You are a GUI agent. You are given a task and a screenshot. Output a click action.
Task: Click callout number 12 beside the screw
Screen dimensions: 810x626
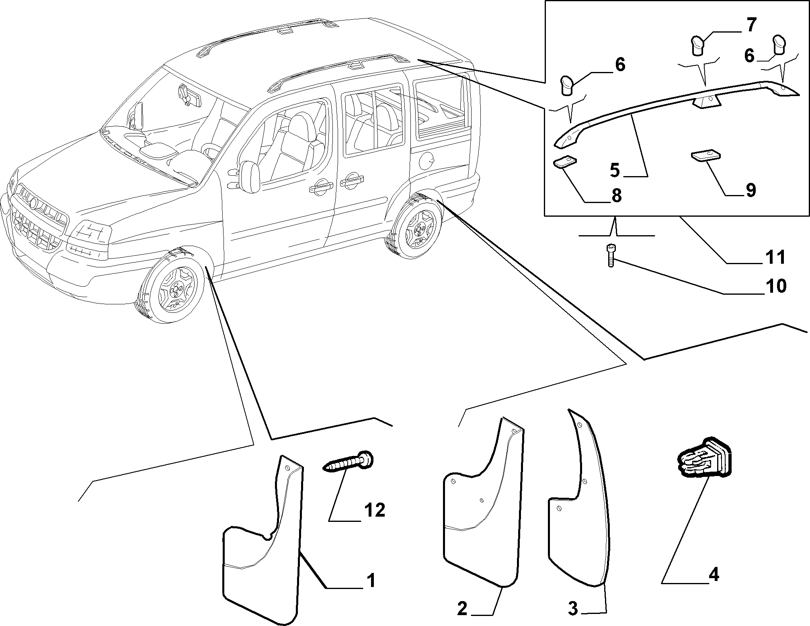(374, 510)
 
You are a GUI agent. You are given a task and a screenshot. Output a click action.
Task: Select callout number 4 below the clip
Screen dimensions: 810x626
(714, 575)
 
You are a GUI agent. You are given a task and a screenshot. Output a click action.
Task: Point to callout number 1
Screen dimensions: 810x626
(370, 581)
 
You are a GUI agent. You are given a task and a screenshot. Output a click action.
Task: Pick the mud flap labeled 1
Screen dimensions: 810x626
(262, 540)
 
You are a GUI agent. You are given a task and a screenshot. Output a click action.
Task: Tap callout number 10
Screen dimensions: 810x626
(775, 286)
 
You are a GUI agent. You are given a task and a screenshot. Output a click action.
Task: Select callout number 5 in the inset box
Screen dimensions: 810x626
(615, 170)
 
